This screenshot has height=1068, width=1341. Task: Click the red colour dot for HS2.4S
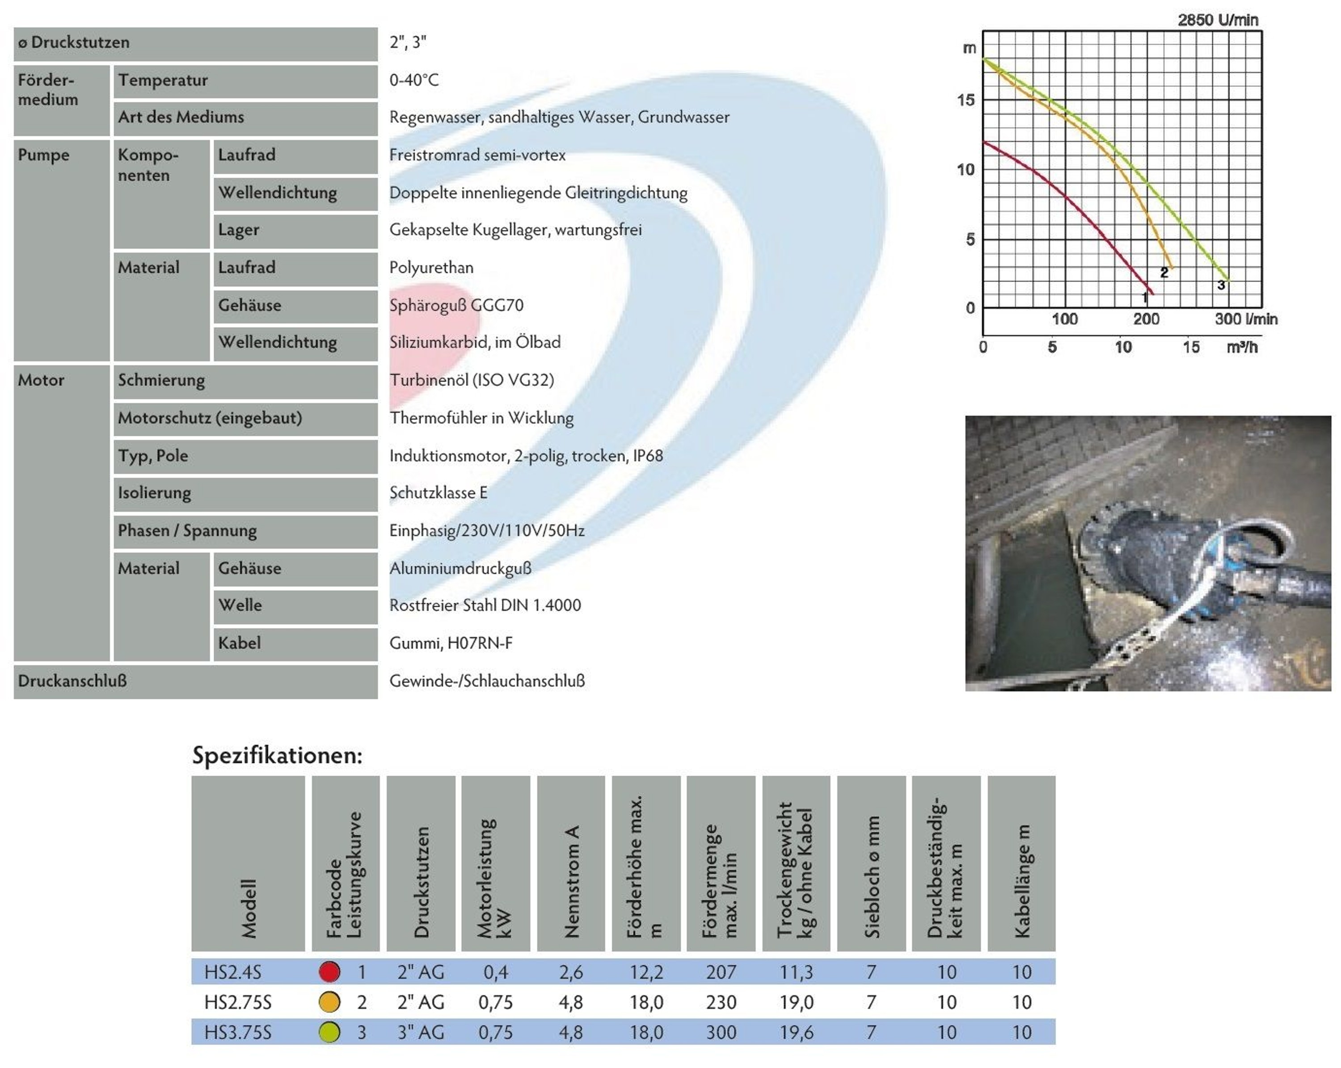(329, 971)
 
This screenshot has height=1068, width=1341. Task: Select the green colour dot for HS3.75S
(329, 1032)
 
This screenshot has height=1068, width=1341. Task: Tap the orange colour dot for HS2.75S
(329, 1001)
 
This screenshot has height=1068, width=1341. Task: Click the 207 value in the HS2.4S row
(721, 971)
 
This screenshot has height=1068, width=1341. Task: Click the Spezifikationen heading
(277, 755)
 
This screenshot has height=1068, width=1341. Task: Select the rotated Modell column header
(248, 908)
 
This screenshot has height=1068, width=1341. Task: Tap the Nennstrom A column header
(571, 882)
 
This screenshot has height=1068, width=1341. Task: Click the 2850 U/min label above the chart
(1217, 20)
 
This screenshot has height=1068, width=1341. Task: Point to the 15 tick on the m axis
(966, 100)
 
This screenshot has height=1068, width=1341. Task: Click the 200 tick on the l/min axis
(1146, 319)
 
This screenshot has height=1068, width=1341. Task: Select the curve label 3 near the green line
(1221, 285)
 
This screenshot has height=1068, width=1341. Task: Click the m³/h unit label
(1242, 347)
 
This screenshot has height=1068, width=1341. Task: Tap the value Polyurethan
(431, 267)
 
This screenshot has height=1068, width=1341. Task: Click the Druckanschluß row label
(72, 681)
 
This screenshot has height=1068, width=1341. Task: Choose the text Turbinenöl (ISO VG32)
(472, 380)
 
